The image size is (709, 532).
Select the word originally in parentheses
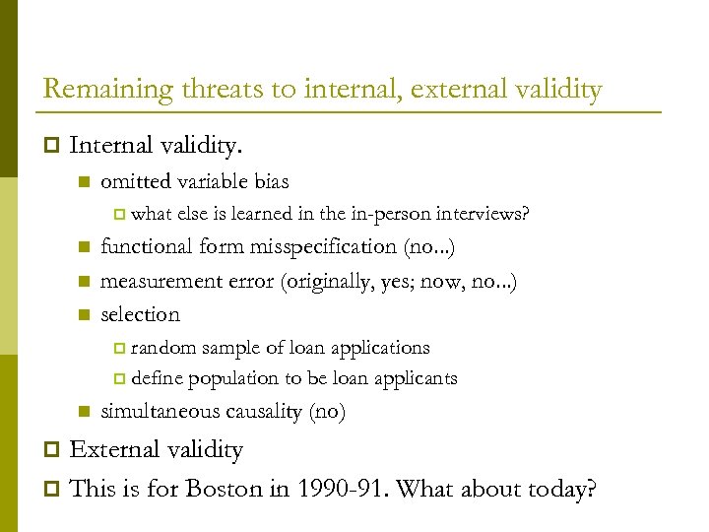(x=327, y=281)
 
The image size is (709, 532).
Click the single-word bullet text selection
(x=141, y=315)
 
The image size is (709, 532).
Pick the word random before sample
(x=163, y=348)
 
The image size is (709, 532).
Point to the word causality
(x=265, y=412)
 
